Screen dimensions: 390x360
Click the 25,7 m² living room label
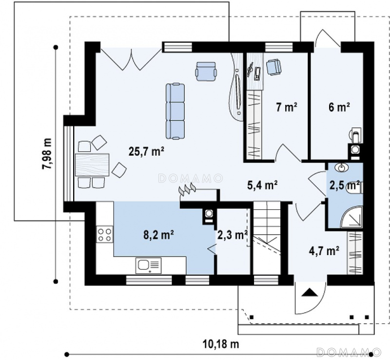[x=146, y=151]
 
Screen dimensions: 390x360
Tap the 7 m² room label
[x=287, y=107]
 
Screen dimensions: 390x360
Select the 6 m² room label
[x=339, y=107]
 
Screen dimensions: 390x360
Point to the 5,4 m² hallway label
[x=262, y=185]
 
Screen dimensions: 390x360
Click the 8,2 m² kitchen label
[x=158, y=235]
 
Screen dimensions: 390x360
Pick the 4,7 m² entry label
[x=324, y=251]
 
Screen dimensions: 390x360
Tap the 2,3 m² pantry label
[x=233, y=235]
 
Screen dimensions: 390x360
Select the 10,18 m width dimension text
[x=221, y=344]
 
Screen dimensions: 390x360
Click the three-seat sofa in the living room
[x=175, y=111]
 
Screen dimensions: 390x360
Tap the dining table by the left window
[x=92, y=165]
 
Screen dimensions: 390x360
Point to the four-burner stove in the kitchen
[x=104, y=235]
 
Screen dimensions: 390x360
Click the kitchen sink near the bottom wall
[x=148, y=265]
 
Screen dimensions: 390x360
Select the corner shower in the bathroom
[x=351, y=217]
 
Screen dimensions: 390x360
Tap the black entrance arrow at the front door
[x=310, y=292]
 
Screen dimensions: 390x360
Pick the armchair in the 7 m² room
[x=274, y=67]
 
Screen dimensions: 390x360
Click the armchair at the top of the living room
[x=206, y=71]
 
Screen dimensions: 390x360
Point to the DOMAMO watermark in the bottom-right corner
[x=349, y=352]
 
